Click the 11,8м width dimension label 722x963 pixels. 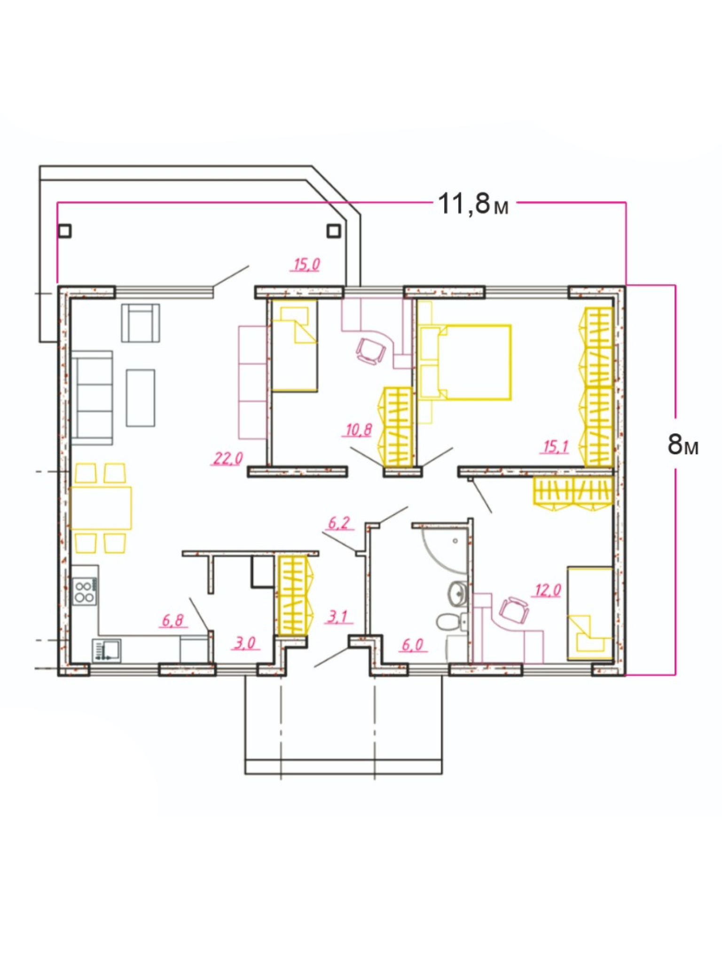(x=473, y=204)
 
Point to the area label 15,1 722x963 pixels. (x=556, y=446)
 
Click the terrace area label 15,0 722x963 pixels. (x=307, y=264)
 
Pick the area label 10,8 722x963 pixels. (x=359, y=429)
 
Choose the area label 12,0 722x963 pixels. (x=548, y=590)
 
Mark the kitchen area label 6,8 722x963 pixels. (x=173, y=620)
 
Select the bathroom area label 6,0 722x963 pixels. (x=413, y=645)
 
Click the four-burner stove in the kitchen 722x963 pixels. (x=85, y=592)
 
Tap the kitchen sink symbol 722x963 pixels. (x=107, y=650)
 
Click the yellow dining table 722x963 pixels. (x=101, y=508)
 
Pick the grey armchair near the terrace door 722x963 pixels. (x=141, y=323)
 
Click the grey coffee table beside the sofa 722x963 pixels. (x=141, y=398)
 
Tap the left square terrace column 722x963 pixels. (x=65, y=231)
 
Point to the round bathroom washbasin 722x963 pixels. (x=458, y=592)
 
